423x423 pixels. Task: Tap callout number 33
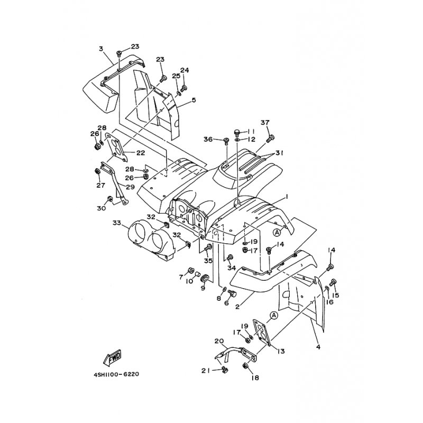[116, 223]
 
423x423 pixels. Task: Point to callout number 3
[100, 49]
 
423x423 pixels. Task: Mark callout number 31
[279, 153]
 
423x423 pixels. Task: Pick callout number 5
[194, 100]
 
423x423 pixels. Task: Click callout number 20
[219, 341]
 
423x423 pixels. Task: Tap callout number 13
[280, 351]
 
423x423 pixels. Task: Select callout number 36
[208, 139]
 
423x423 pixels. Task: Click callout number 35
[208, 261]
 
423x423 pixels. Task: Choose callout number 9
[203, 288]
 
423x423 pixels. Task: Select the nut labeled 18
[246, 366]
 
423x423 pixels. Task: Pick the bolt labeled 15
[333, 282]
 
